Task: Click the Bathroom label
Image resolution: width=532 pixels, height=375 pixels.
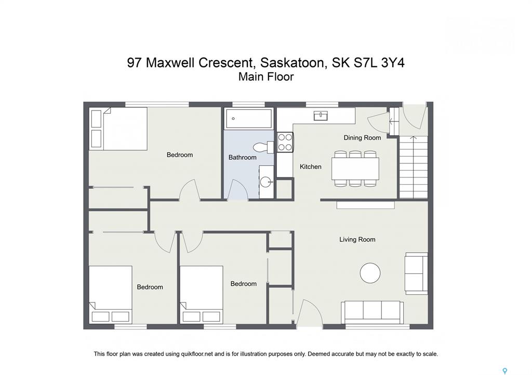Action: (x=242, y=157)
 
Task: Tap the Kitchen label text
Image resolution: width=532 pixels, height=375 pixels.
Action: (x=311, y=166)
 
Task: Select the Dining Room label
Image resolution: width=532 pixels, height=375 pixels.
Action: (x=362, y=138)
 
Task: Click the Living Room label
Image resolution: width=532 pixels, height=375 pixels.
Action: (x=357, y=240)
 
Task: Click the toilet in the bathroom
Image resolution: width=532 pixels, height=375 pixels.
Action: (x=263, y=147)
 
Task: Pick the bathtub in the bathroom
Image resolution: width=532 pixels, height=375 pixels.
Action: (x=249, y=119)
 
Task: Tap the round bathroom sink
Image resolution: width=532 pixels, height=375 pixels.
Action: (x=266, y=182)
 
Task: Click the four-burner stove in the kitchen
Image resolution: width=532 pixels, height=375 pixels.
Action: (x=285, y=142)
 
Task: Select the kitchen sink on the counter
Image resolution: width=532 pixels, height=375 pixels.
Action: (x=321, y=116)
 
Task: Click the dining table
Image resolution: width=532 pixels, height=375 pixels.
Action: (x=355, y=169)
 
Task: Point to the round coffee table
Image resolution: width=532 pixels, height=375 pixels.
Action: (x=370, y=273)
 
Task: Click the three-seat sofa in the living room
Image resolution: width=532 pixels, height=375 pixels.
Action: (x=372, y=312)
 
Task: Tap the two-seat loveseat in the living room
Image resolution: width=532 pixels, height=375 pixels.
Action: (x=416, y=273)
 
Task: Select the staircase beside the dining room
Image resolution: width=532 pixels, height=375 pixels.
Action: (x=413, y=167)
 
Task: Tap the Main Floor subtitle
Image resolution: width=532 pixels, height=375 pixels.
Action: (x=265, y=77)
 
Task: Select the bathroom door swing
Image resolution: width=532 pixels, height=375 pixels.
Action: (x=237, y=189)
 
